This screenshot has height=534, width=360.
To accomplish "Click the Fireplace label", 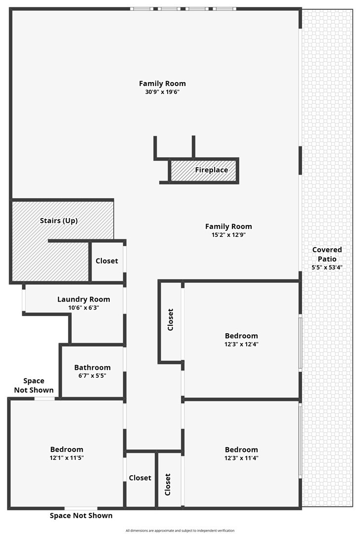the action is tap(212, 170).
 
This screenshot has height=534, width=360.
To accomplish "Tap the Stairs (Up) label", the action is tap(59, 221).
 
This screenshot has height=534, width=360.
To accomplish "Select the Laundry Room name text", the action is tap(84, 299).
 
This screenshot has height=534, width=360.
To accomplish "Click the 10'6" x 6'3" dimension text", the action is tap(84, 308).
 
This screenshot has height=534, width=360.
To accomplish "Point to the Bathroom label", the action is tap(92, 367).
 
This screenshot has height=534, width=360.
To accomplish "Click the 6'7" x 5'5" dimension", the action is tap(92, 376).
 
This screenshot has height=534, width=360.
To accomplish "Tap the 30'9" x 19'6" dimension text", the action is tap(162, 91).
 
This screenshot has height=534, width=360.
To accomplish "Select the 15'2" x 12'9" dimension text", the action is tap(228, 235).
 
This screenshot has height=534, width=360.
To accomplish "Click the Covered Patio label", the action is tap(327, 254).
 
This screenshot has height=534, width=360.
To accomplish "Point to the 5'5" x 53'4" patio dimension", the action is tap(327, 267).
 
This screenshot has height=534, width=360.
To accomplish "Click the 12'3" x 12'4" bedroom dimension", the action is tap(241, 344).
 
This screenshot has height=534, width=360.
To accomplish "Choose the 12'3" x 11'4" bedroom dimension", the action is tap(241, 458).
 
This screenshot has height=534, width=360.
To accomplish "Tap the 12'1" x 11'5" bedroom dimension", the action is tap(67, 458).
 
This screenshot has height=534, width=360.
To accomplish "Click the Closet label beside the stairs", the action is tap(107, 261).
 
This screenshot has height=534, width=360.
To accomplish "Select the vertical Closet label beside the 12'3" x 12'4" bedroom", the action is tap(171, 319).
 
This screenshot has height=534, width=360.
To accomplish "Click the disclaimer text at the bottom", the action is tap(180, 531).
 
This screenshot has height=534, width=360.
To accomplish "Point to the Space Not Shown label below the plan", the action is tap(81, 516).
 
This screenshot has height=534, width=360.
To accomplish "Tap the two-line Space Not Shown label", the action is tap(34, 386).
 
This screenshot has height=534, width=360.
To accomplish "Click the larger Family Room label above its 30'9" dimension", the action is tap(162, 84).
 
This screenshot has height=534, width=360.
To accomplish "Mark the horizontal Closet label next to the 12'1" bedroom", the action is tap(140, 478).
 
